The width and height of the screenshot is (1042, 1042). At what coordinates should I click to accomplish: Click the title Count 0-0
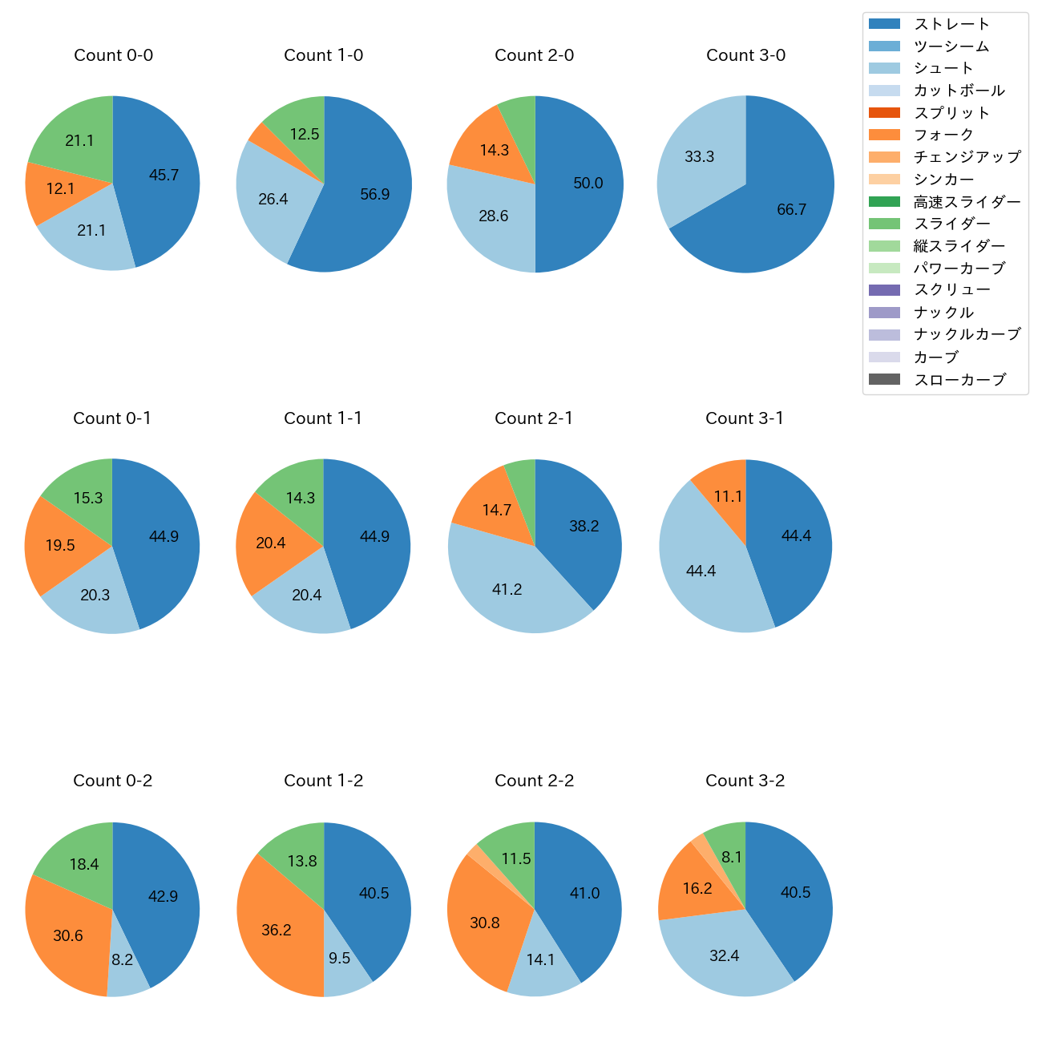click(113, 55)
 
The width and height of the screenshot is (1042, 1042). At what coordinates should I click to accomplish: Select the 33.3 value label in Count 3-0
click(699, 157)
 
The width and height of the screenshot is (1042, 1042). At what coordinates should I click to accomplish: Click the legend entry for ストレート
click(951, 24)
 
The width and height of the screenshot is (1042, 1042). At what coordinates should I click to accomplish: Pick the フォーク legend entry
click(943, 135)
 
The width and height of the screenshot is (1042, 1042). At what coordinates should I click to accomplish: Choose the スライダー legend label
click(951, 224)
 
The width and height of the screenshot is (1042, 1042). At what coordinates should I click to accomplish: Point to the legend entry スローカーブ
click(959, 380)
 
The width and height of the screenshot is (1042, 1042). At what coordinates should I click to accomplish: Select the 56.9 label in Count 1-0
click(374, 195)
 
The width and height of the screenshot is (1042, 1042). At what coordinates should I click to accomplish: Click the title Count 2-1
click(534, 418)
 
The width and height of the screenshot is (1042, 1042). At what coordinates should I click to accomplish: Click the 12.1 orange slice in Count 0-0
click(60, 190)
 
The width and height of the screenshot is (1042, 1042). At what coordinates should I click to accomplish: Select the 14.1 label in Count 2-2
click(540, 959)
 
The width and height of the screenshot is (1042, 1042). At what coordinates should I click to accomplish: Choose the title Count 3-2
click(745, 781)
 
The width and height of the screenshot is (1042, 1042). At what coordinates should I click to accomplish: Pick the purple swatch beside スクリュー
click(884, 290)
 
